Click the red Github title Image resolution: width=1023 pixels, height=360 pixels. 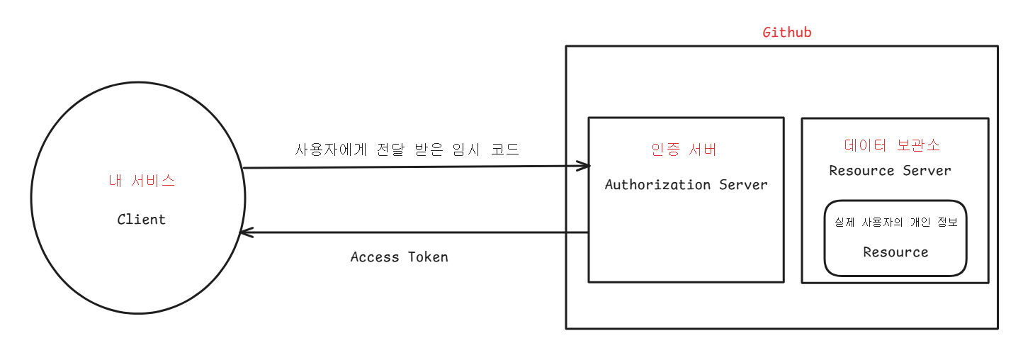coord(786,33)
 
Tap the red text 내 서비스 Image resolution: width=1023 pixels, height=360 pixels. coord(142,181)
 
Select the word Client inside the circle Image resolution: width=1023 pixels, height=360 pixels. coord(142,220)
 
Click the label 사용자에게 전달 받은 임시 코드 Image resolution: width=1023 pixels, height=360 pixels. coord(407,150)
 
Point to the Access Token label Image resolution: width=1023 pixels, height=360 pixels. coord(400,257)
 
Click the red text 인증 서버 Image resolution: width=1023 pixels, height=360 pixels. coord(684,150)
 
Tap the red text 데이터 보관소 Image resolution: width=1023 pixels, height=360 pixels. coord(892,145)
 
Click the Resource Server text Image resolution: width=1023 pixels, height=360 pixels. coord(890,171)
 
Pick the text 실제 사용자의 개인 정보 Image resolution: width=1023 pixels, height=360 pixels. coord(895,223)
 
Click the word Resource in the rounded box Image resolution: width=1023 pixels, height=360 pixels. coord(895,252)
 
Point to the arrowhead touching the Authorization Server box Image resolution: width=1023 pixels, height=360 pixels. coord(584,167)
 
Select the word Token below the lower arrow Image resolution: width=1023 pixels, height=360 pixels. coord(428,257)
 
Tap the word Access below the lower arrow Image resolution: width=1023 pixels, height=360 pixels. coord(375,257)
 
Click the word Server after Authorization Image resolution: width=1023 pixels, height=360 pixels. coord(743,185)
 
